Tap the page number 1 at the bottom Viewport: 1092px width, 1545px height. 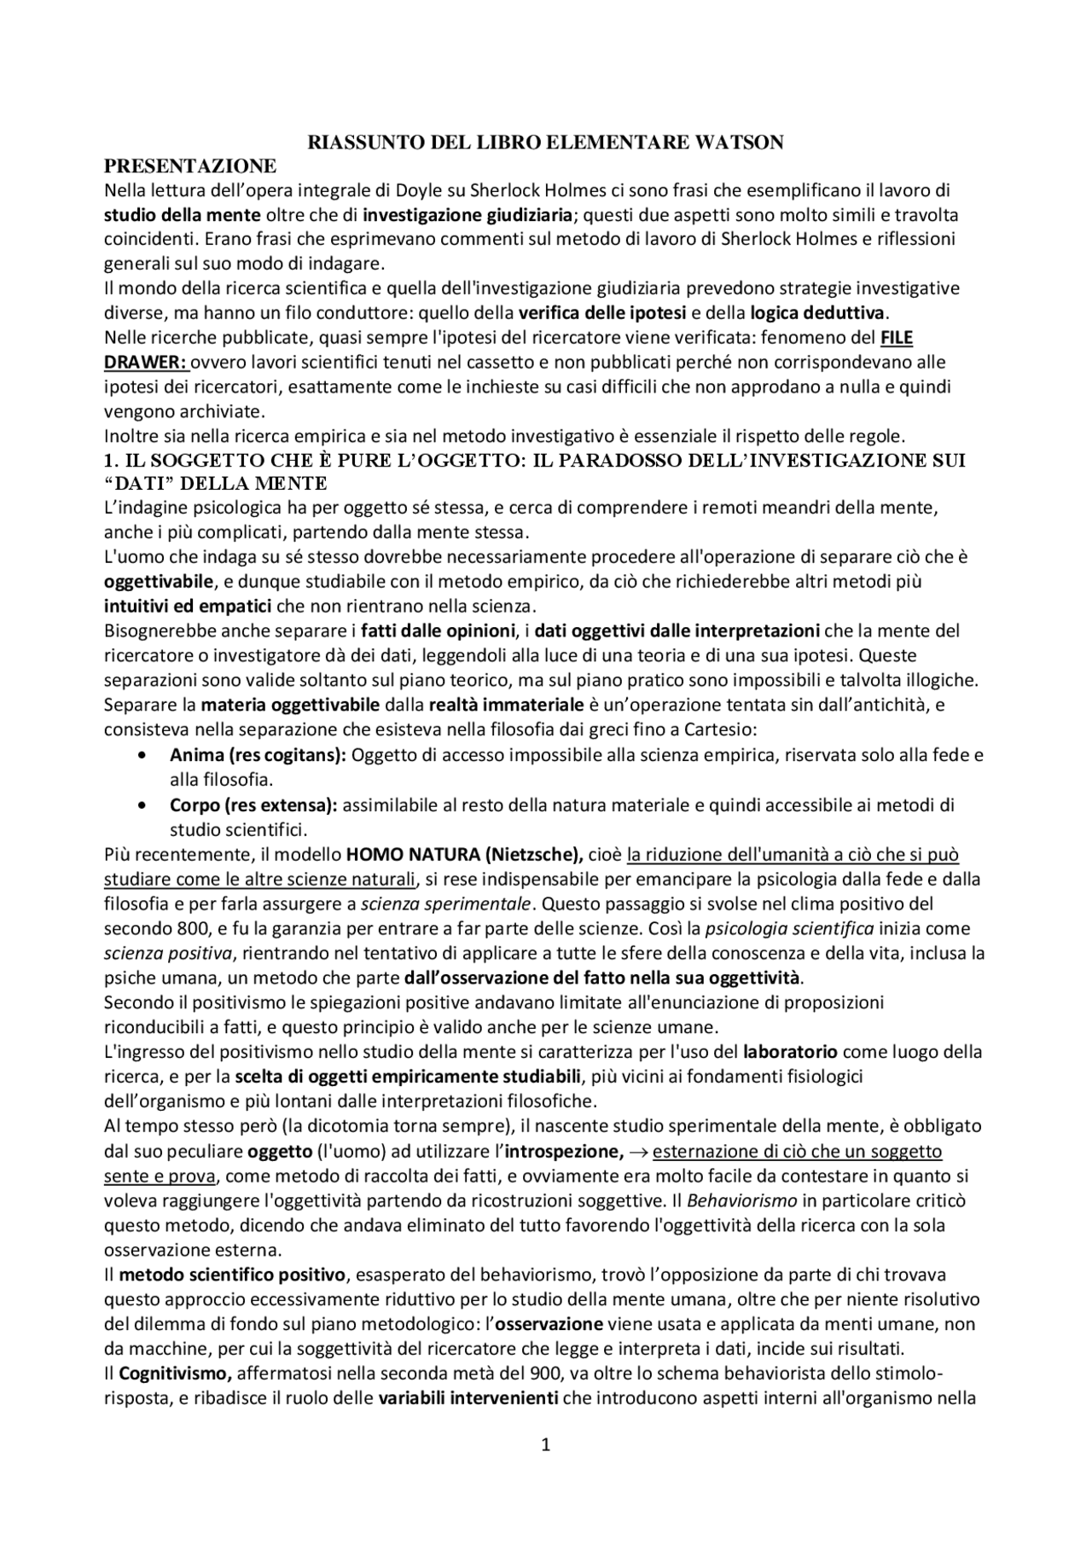(x=546, y=1444)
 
